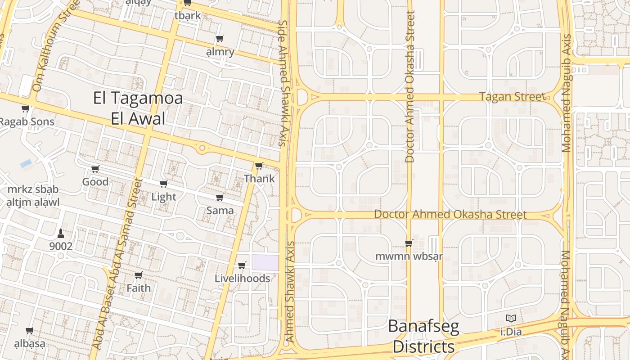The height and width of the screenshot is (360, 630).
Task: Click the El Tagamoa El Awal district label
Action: (x=138, y=108)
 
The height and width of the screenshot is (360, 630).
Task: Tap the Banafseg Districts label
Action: (x=423, y=336)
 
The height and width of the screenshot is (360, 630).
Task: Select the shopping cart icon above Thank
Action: (x=259, y=166)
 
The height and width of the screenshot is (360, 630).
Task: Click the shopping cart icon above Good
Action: (x=95, y=169)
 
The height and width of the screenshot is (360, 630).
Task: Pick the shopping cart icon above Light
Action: (x=163, y=184)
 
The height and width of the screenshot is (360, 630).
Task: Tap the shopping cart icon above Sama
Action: (x=220, y=198)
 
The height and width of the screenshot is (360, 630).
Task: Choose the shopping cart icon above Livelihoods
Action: (x=242, y=265)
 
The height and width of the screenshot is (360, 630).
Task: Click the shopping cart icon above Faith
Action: (x=138, y=275)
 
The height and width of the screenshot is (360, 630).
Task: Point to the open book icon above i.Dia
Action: (x=511, y=319)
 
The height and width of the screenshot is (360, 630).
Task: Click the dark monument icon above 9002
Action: (x=61, y=233)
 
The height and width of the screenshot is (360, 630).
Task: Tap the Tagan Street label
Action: (x=512, y=97)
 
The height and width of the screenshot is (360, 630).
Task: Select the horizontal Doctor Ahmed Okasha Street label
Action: (x=450, y=214)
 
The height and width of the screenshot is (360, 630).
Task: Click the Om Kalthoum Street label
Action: (x=57, y=45)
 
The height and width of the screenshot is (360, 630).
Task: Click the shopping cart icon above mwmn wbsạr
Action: (x=409, y=243)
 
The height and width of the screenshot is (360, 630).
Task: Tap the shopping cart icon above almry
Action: (x=220, y=39)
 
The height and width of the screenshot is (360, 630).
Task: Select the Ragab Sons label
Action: (x=27, y=121)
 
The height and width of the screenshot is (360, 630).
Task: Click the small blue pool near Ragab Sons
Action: (x=26, y=163)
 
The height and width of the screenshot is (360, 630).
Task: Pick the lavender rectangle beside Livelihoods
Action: (x=265, y=263)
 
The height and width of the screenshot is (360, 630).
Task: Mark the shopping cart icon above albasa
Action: (x=30, y=331)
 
